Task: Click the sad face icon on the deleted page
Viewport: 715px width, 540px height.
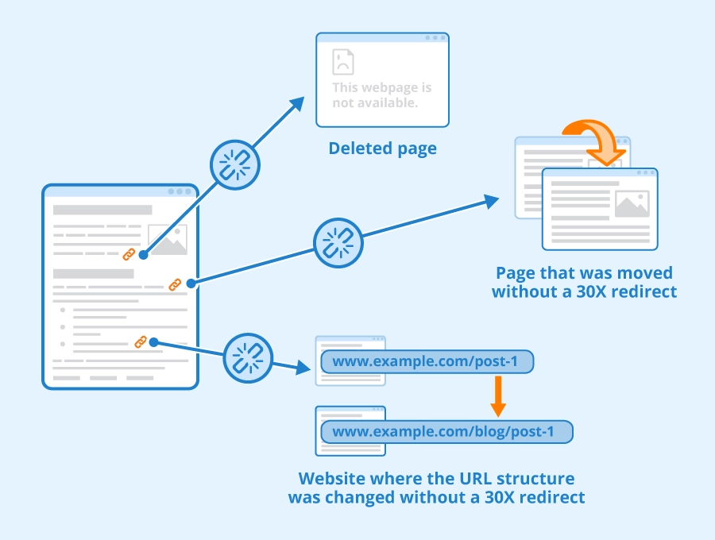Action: tap(343, 62)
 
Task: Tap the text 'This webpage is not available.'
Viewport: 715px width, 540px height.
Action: tap(382, 95)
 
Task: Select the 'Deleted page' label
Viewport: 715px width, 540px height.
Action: tap(382, 148)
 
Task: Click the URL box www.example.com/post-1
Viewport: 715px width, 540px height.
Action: tap(426, 362)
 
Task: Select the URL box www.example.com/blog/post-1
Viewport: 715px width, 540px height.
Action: tap(446, 432)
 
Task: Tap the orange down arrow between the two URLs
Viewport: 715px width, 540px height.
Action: tap(498, 397)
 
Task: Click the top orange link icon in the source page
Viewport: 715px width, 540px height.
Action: tap(129, 254)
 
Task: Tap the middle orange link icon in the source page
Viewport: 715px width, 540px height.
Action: tap(175, 284)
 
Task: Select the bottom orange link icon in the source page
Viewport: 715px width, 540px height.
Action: tap(141, 341)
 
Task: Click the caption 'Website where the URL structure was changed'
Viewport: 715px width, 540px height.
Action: tap(436, 488)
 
